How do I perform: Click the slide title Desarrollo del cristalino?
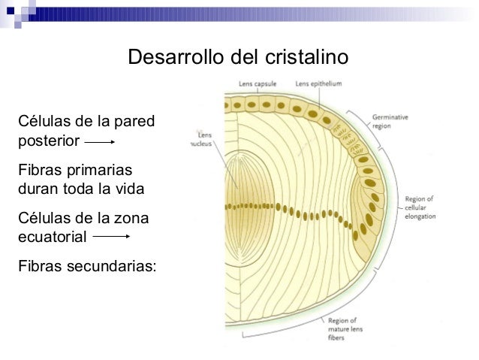239,57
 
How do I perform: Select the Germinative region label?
391,122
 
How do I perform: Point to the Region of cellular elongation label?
419,207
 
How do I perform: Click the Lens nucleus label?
202,138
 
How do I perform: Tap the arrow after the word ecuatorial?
112,236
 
